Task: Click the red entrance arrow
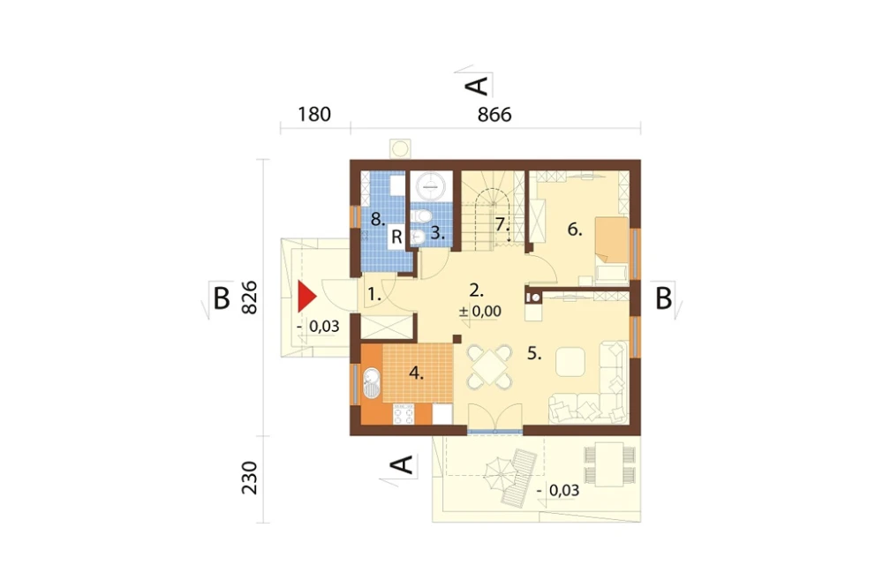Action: (x=306, y=297)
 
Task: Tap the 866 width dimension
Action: (x=494, y=115)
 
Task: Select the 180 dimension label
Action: (x=314, y=115)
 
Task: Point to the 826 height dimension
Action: (x=249, y=298)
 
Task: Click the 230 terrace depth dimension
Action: (x=249, y=478)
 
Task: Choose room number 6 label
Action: (x=575, y=230)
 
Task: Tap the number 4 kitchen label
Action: (x=416, y=373)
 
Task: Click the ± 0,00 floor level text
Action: (x=479, y=311)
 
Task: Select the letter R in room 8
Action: (x=396, y=237)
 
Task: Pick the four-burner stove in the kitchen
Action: (x=404, y=414)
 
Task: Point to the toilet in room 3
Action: (x=421, y=216)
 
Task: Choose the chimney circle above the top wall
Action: (x=400, y=148)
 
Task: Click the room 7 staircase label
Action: (x=502, y=224)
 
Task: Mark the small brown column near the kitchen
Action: (x=457, y=338)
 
